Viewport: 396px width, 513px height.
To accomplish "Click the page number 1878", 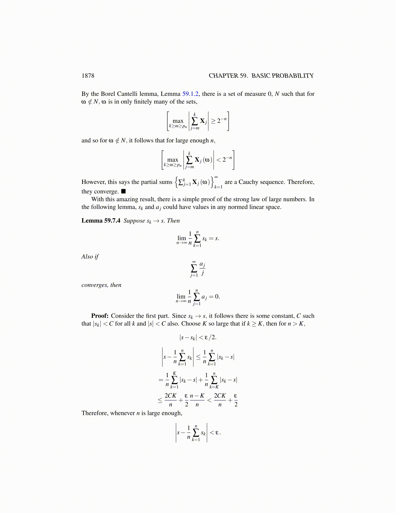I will pos(88,76).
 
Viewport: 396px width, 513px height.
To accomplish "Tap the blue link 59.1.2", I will pos(191,94).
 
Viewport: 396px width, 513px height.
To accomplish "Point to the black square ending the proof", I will pos(123,191).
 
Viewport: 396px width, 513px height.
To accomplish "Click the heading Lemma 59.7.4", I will pos(101,221).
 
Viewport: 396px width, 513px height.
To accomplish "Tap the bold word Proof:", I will pos(100,316).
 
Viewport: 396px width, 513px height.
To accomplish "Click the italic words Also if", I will pos(90,256).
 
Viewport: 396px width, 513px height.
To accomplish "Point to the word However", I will pos(93,182).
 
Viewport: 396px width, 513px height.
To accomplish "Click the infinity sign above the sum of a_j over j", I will pos(194,262).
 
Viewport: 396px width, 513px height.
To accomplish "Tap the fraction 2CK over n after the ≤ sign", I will pos(170,400).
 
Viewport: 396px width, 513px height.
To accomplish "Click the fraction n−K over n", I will pos(197,400).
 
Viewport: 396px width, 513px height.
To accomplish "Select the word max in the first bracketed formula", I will pos(178,121).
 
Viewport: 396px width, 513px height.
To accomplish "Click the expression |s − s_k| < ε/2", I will pos(198,337).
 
